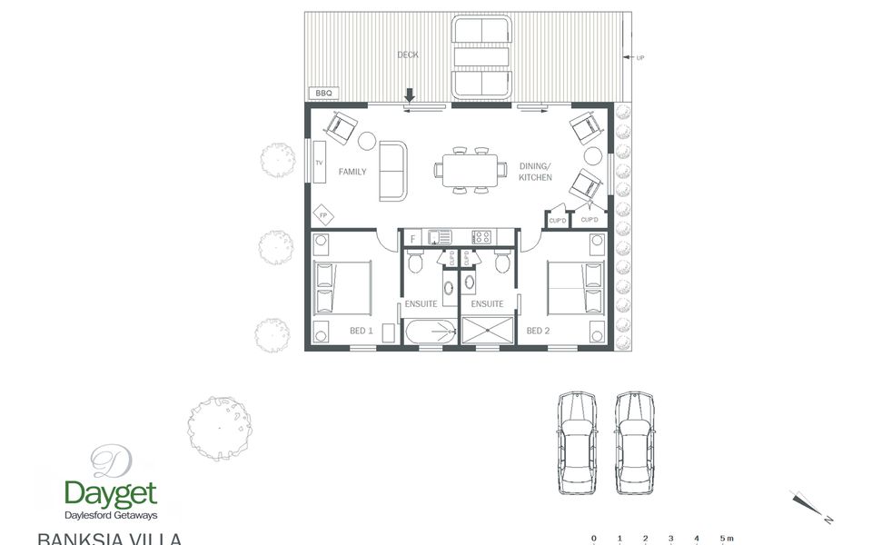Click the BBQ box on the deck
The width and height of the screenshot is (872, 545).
click(x=322, y=94)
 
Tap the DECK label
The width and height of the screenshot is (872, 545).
click(x=408, y=55)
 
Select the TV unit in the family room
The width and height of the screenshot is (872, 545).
click(x=319, y=163)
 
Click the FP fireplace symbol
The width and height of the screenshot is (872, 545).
click(x=322, y=214)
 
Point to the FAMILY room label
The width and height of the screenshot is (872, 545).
click(x=352, y=172)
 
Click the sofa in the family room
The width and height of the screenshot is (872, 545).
click(x=394, y=171)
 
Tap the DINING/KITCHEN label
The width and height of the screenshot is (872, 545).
click(x=535, y=172)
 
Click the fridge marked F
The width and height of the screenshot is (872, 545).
click(x=413, y=238)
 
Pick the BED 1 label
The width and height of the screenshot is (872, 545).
click(x=361, y=331)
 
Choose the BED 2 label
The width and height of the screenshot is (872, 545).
click(x=538, y=331)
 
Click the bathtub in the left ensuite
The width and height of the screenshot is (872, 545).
click(x=431, y=332)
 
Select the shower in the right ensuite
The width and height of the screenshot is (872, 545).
click(x=488, y=331)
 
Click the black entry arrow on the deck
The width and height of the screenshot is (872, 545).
click(x=410, y=94)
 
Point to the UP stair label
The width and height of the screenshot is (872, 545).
click(x=639, y=57)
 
